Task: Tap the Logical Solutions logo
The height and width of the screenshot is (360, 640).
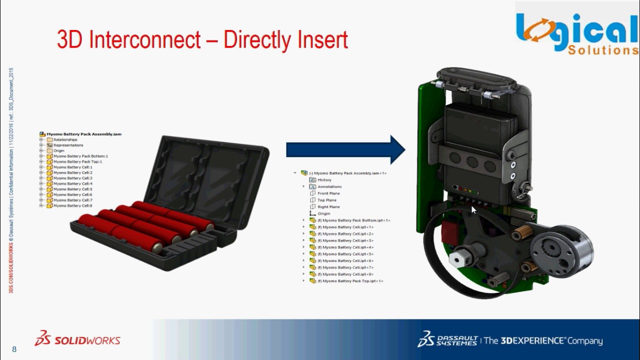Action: [577, 33]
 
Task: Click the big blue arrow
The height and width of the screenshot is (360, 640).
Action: [345, 149]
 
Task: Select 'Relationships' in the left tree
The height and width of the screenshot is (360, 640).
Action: [65, 139]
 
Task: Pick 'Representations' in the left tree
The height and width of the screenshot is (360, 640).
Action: [68, 145]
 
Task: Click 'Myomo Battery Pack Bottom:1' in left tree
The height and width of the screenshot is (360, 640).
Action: [80, 156]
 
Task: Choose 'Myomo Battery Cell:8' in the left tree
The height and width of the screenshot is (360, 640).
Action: [72, 205]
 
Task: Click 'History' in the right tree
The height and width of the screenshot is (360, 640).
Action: [324, 180]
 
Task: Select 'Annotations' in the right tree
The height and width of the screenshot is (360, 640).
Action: [329, 186]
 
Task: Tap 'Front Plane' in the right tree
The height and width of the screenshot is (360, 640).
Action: [328, 193]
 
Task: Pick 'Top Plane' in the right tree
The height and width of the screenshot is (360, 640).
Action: [327, 200]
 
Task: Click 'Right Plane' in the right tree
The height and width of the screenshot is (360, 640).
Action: [328, 206]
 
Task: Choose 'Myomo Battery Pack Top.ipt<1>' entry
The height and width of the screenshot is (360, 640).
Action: [352, 281]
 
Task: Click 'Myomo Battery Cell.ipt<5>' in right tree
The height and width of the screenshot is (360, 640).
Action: [348, 254]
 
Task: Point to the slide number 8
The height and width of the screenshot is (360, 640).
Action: [14, 349]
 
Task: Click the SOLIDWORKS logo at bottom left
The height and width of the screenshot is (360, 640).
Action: [77, 339]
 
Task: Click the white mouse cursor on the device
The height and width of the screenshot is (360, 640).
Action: [474, 210]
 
